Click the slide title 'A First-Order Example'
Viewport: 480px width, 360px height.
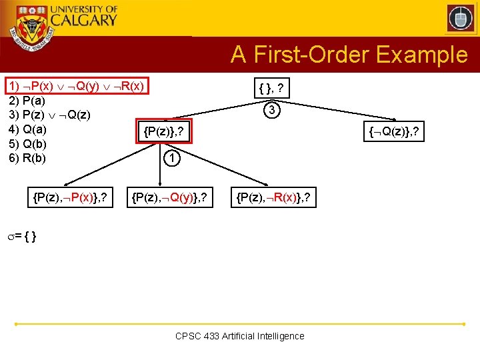tap(349, 55)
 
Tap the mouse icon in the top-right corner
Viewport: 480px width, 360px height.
tap(460, 18)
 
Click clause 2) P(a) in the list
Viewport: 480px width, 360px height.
tap(27, 101)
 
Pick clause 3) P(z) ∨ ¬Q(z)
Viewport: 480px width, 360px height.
tap(49, 115)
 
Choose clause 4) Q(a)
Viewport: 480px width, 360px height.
tap(27, 129)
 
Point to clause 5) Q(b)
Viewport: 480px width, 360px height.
tap(27, 143)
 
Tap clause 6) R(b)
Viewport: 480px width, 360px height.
tap(27, 158)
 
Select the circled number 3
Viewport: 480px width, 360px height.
tap(271, 110)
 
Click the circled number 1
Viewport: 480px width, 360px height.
tap(171, 159)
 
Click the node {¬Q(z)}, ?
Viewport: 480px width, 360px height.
tap(395, 133)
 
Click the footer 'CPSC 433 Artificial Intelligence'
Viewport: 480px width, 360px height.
tap(239, 336)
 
